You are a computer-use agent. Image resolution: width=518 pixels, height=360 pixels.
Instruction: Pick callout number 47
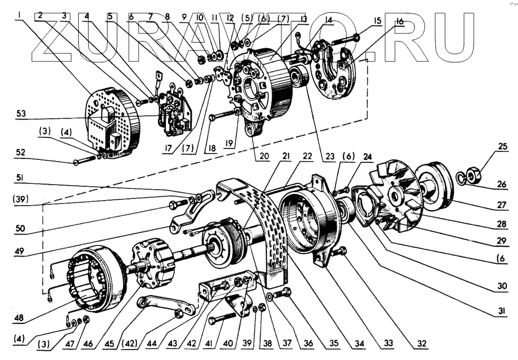pyautogui.click(x=87, y=343)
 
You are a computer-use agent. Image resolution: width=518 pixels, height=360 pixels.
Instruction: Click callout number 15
pyautogui.click(x=377, y=21)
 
